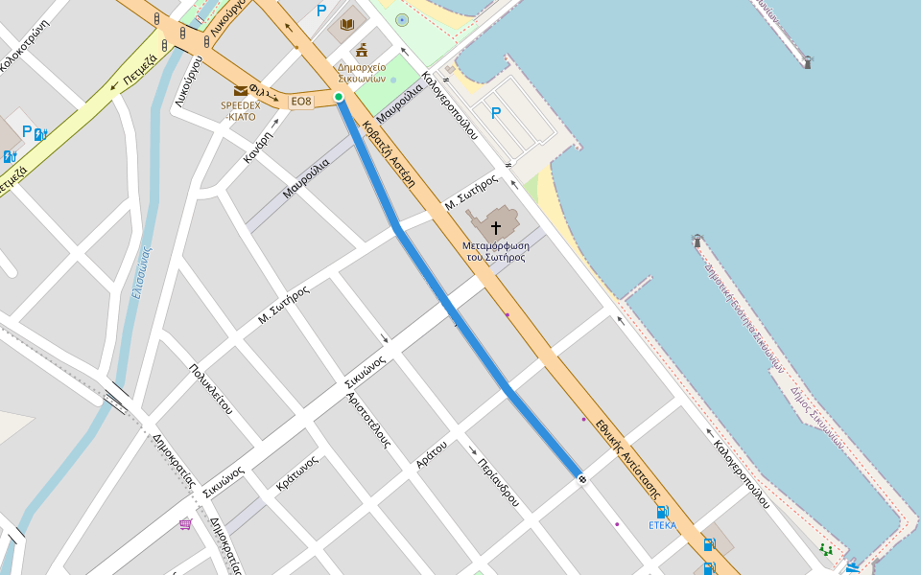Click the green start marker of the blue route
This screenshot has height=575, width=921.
(339, 97)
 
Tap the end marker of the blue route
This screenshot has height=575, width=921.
(581, 477)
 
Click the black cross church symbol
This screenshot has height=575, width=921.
(496, 228)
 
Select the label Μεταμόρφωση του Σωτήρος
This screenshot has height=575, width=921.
(495, 251)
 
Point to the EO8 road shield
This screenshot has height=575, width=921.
(301, 102)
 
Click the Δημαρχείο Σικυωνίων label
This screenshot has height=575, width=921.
(362, 73)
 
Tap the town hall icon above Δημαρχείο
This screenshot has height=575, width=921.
(362, 50)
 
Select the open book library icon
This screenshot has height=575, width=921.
(347, 24)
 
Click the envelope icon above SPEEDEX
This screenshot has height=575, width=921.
(240, 91)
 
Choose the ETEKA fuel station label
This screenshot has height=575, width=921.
(662, 525)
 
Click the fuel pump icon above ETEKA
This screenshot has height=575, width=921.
(662, 512)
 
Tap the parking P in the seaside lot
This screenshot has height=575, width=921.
(496, 114)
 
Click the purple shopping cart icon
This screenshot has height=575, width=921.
(185, 524)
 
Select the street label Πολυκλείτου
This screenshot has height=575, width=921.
(211, 389)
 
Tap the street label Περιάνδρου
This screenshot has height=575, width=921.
(498, 481)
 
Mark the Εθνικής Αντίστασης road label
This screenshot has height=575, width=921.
(629, 456)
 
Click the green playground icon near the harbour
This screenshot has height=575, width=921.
(825, 550)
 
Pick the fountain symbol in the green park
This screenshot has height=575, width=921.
(401, 19)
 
